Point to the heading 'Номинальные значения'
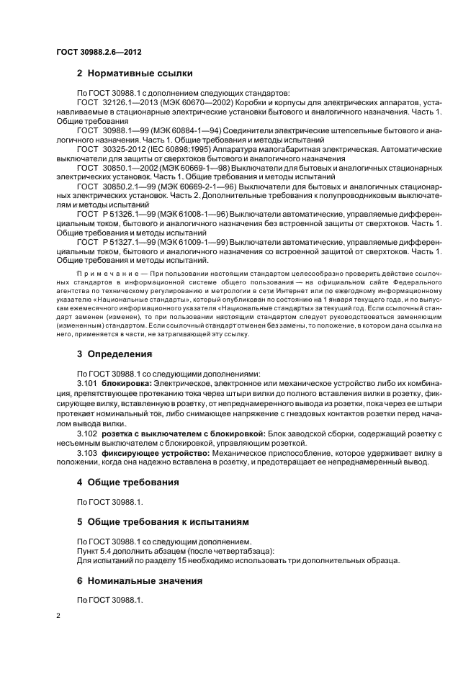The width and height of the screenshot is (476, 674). click(x=144, y=580)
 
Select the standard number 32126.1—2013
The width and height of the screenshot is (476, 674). click(x=125, y=103)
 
